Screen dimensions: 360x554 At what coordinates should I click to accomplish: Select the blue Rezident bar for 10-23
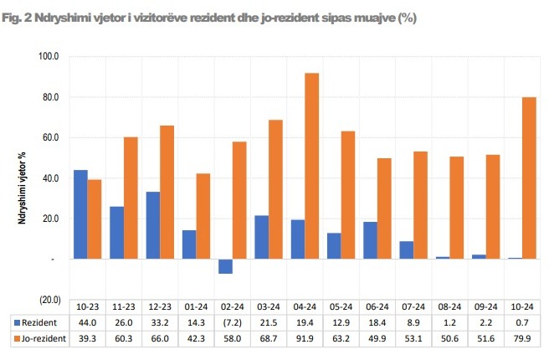(80, 214)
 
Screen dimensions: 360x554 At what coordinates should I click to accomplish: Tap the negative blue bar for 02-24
(225, 266)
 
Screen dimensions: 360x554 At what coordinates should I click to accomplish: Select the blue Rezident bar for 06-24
(370, 240)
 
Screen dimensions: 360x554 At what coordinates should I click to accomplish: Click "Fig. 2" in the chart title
(18, 16)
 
